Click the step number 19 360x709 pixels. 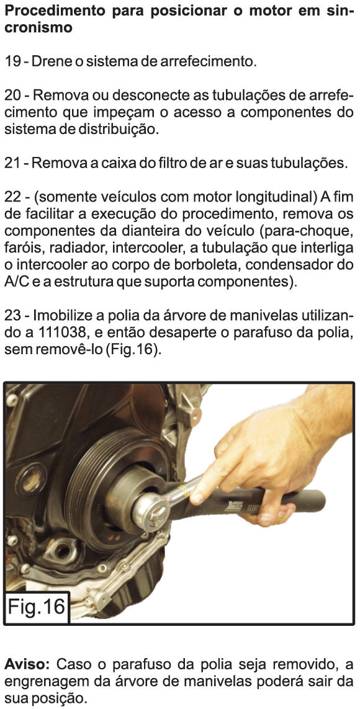(x=12, y=61)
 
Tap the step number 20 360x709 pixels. (x=13, y=96)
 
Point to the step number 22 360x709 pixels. (x=13, y=198)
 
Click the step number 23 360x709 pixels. (x=13, y=314)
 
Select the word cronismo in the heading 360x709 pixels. (x=38, y=28)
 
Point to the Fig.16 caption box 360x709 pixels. (x=37, y=607)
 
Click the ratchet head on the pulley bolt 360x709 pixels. (x=151, y=511)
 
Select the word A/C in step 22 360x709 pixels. (x=16, y=283)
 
